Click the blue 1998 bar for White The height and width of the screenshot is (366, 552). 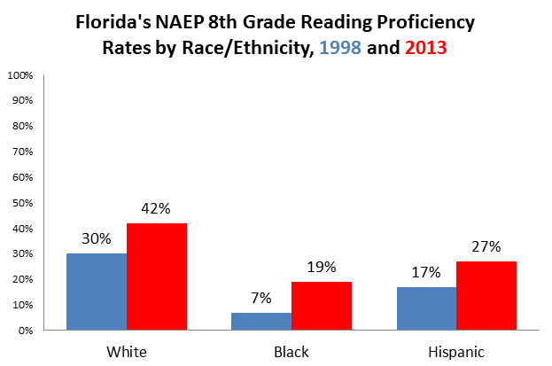tap(97, 292)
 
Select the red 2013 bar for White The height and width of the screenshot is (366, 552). tap(157, 276)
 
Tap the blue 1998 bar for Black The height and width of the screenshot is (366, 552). tap(261, 321)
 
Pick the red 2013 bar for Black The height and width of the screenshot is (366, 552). tap(322, 306)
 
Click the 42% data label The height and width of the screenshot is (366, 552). tap(157, 210)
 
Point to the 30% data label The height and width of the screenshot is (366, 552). tap(97, 240)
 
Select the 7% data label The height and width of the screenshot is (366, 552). tap(261, 300)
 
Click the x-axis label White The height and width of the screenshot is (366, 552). tap(127, 352)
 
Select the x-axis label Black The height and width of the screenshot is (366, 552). tap(292, 352)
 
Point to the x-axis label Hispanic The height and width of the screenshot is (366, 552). tap(456, 352)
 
